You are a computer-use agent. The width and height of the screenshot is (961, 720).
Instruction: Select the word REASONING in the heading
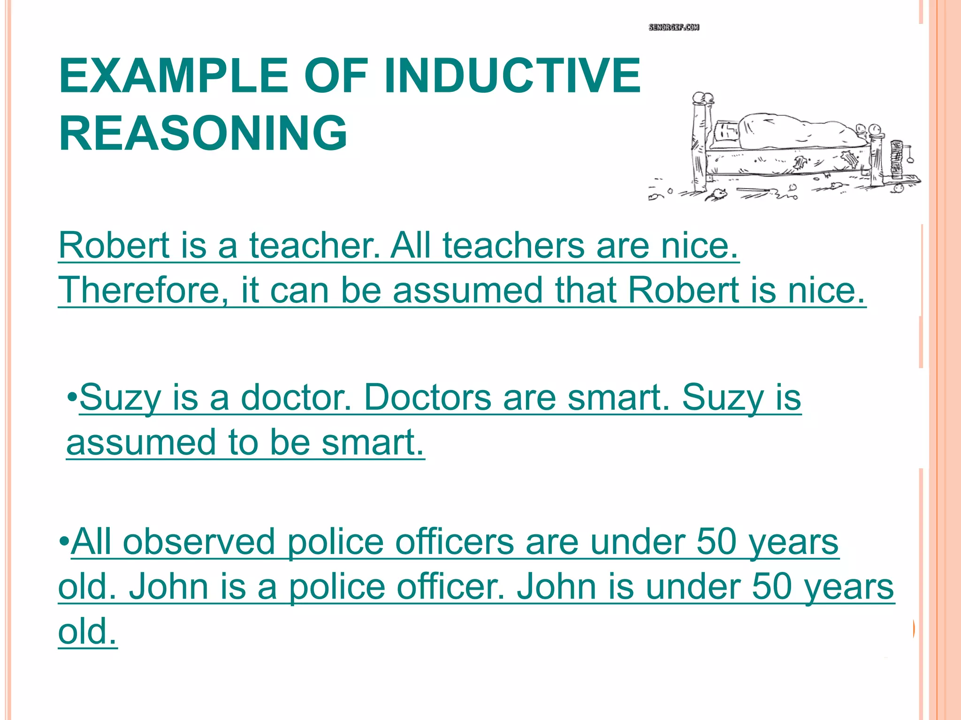point(203,133)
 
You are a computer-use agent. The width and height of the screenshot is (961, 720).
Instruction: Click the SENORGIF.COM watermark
point(674,27)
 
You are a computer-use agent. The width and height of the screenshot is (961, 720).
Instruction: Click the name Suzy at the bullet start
point(120,397)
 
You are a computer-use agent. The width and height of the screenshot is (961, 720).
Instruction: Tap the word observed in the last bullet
point(199,542)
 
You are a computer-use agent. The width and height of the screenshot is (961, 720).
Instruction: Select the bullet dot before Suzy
point(72,397)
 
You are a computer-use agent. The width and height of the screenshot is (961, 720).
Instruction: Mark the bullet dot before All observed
point(64,542)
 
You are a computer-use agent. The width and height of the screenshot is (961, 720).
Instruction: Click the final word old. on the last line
point(87,631)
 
